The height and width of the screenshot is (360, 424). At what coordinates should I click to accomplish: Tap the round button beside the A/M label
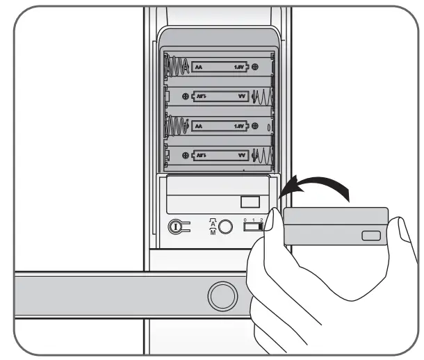click(224, 227)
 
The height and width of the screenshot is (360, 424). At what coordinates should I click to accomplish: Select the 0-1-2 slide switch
click(254, 225)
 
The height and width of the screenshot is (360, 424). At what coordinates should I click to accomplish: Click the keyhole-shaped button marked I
click(177, 227)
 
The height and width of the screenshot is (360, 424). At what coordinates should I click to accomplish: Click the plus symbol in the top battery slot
click(255, 67)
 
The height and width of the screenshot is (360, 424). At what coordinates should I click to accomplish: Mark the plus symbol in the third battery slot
click(255, 126)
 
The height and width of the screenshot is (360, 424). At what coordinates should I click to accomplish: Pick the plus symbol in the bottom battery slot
click(185, 156)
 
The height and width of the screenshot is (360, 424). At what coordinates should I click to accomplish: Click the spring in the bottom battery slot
click(261, 156)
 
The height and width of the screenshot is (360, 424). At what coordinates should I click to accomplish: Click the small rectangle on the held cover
click(370, 236)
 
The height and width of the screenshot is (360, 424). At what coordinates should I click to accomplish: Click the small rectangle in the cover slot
click(250, 202)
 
